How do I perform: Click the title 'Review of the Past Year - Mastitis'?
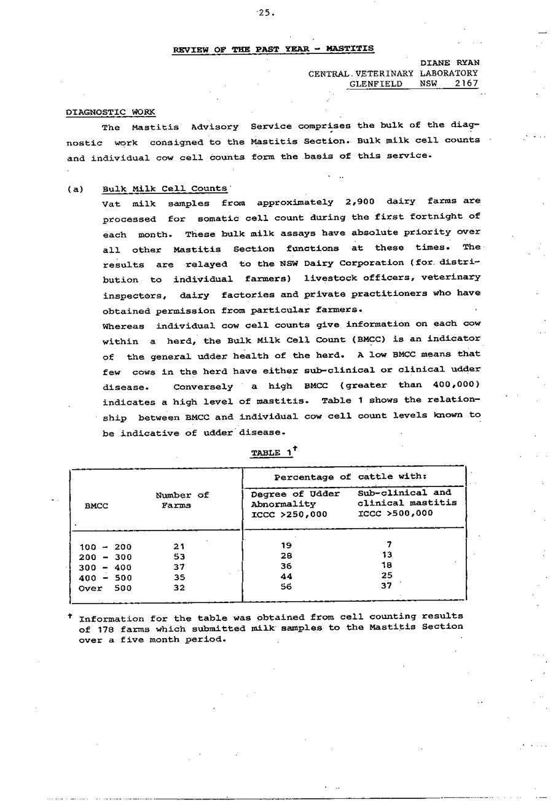click(273, 49)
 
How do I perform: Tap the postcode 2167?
click(466, 84)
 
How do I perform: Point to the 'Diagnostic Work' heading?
click(111, 112)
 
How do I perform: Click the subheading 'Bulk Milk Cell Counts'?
click(165, 189)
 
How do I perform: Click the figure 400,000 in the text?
click(457, 385)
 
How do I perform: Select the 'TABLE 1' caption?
click(271, 453)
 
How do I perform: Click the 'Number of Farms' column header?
click(182, 500)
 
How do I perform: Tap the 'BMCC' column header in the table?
click(96, 506)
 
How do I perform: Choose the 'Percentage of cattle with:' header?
click(350, 477)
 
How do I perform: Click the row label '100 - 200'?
click(106, 547)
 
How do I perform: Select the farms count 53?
click(179, 557)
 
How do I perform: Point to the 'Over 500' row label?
click(106, 588)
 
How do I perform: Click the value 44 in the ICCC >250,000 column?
click(286, 577)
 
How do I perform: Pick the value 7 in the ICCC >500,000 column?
click(389, 544)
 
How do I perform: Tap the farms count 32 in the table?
click(179, 588)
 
